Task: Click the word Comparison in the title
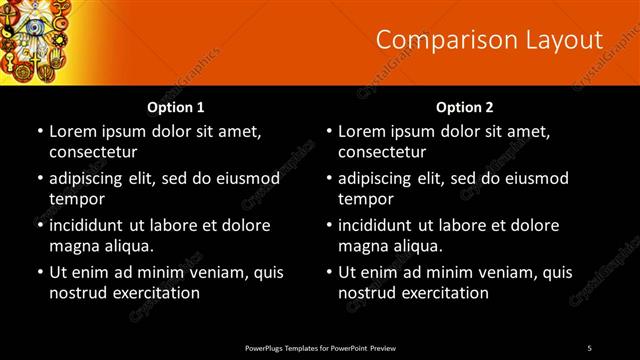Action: click(440, 40)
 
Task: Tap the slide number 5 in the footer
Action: click(589, 347)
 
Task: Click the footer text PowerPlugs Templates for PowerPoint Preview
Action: click(320, 347)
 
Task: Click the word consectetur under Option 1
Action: click(93, 152)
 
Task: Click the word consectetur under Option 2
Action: click(383, 152)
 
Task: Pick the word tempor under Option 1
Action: click(76, 198)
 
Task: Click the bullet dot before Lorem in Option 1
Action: click(40, 132)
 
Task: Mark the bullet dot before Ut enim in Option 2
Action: click(330, 272)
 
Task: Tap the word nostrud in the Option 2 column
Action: click(368, 292)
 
